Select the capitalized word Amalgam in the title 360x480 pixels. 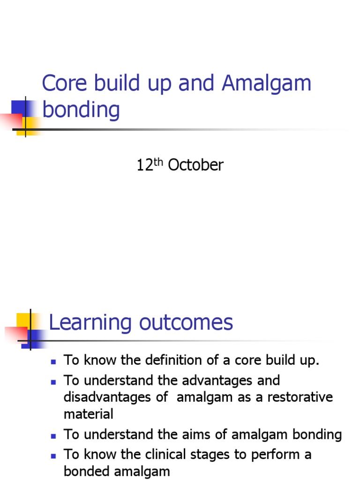pos(267,83)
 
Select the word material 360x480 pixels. pos(89,414)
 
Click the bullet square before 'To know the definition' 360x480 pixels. pos(53,361)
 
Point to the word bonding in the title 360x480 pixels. pos(81,110)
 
